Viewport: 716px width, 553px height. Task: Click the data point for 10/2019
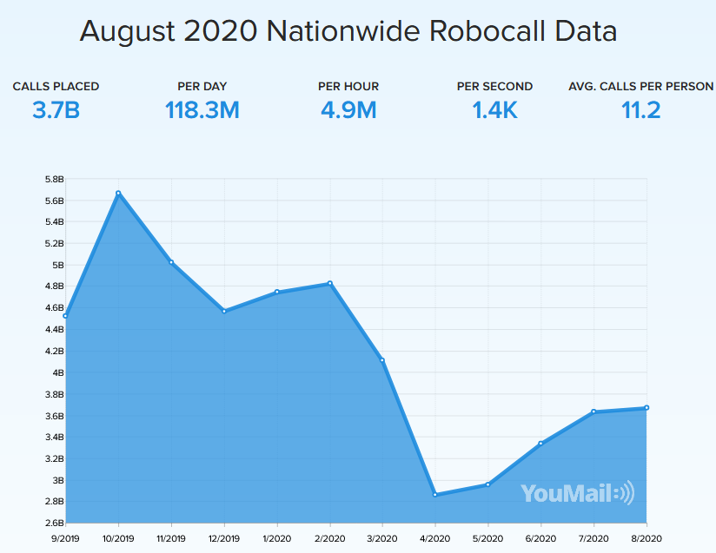(x=118, y=193)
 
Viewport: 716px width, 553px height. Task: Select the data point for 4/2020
(x=434, y=495)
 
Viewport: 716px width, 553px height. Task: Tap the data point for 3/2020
(x=382, y=360)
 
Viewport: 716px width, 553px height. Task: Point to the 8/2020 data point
(x=646, y=408)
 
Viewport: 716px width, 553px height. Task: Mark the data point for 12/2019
(x=224, y=311)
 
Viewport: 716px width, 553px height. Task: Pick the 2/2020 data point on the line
(x=330, y=283)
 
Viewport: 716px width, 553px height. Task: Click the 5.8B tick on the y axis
(x=53, y=179)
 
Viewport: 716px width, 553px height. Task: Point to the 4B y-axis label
(x=56, y=372)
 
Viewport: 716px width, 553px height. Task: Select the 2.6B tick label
(x=53, y=523)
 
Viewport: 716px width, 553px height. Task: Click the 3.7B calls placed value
(x=56, y=110)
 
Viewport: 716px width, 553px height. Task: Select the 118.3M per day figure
(x=202, y=110)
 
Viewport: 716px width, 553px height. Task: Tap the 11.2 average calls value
(x=641, y=110)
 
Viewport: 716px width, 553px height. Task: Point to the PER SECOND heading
(x=494, y=86)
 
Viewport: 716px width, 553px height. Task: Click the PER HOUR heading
(x=348, y=86)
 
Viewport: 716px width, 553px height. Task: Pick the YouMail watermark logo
(x=577, y=493)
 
